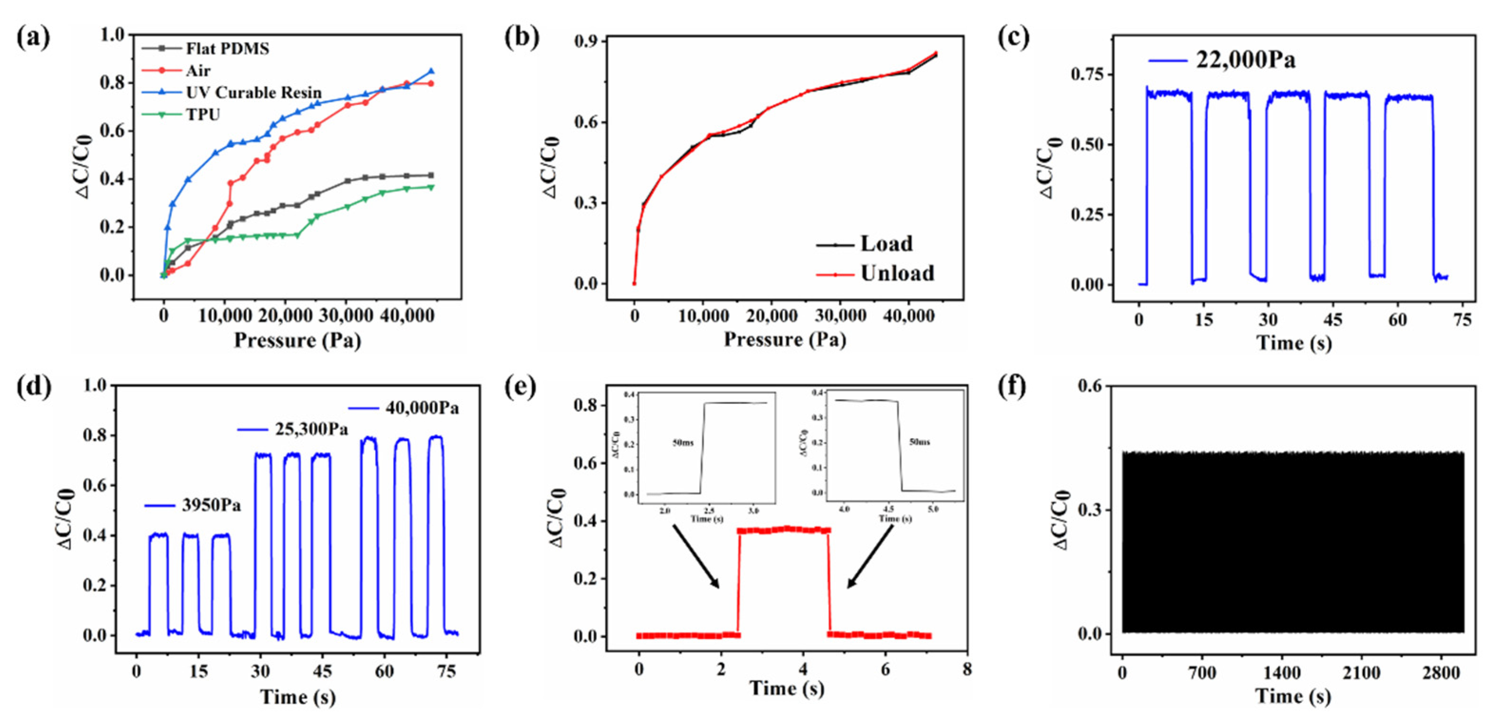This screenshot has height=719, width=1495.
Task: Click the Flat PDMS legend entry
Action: tap(227, 49)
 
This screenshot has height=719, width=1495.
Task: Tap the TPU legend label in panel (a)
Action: tap(203, 115)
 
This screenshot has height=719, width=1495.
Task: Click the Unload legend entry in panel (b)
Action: tap(897, 273)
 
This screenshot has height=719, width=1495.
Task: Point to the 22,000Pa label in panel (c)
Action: tap(1245, 60)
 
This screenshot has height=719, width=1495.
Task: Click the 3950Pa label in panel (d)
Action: tap(211, 506)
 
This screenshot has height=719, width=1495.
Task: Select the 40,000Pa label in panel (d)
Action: tap(422, 409)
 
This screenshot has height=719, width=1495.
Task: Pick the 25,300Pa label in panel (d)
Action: tap(311, 430)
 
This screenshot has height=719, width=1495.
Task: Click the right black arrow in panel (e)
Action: tap(869, 556)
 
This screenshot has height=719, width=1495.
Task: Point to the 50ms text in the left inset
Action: tap(682, 443)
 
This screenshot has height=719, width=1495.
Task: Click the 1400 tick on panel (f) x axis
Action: tap(1282, 673)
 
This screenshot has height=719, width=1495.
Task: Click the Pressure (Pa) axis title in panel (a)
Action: tap(297, 341)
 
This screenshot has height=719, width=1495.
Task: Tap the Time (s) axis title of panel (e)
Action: tap(786, 689)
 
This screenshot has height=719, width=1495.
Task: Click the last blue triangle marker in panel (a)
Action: tap(431, 71)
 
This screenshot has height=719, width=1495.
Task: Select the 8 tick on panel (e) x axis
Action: tap(966, 670)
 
